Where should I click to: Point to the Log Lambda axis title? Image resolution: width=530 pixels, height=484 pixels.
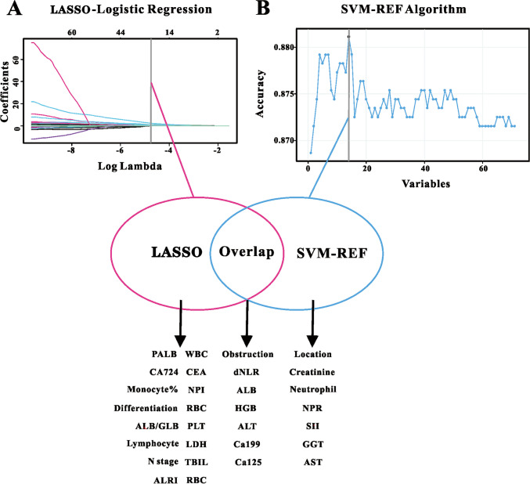pyautogui.click(x=129, y=166)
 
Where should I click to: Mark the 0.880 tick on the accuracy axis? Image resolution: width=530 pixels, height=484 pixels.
pyautogui.click(x=287, y=48)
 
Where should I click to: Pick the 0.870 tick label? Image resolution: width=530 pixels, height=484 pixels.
pyautogui.click(x=287, y=141)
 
